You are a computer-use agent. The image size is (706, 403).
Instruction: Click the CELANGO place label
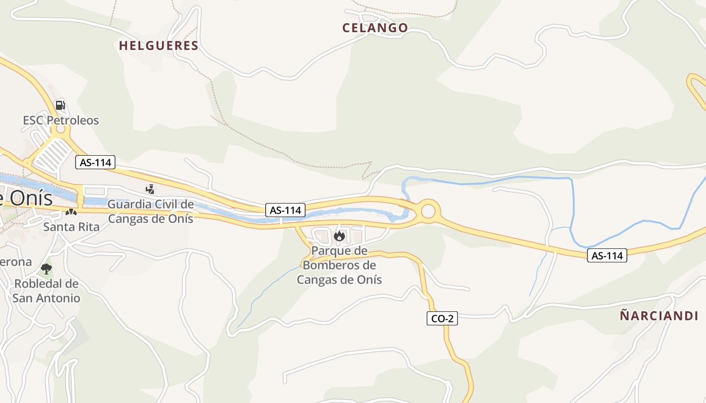pos(375,28)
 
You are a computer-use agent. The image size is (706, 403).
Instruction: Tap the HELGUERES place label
pos(158,46)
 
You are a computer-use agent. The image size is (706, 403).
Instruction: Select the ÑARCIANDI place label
pos(659,316)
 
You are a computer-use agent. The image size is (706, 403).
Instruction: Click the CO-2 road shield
pos(442,318)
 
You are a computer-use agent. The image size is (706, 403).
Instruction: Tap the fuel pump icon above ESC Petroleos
pos(60,105)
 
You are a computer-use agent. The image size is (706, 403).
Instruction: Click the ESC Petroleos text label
pos(61,120)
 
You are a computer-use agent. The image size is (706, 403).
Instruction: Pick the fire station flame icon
pos(339,236)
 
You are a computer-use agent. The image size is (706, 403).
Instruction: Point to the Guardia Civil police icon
pos(150,189)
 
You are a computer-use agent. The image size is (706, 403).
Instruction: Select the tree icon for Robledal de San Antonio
pos(46,268)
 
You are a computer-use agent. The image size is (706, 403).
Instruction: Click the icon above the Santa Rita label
pos(71,213)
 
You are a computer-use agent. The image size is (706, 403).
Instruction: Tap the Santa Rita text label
pos(71,227)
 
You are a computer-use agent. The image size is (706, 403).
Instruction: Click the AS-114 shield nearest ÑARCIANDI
pos(607,256)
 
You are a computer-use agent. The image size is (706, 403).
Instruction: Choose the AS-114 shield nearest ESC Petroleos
pos(96,162)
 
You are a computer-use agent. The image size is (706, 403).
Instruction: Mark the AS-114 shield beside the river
pos(285,210)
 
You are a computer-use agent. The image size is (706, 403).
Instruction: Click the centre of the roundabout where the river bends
pos(428,211)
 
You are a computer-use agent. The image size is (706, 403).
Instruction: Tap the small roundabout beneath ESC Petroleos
pos(61,129)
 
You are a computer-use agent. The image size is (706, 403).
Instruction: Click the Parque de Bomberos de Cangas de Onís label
pos(339,265)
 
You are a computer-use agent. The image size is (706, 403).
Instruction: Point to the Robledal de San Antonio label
pos(46,291)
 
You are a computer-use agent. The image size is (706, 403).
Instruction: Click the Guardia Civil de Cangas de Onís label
pos(150,212)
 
